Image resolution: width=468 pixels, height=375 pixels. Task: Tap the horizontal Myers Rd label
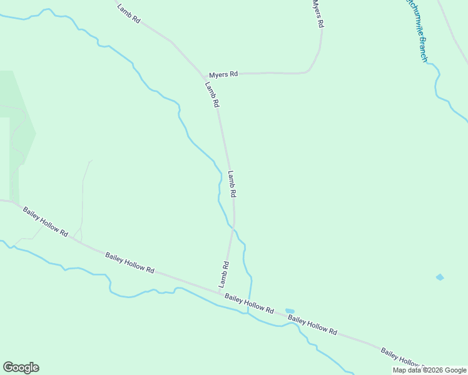click(x=223, y=74)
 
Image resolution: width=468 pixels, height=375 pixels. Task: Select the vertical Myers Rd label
click(x=318, y=13)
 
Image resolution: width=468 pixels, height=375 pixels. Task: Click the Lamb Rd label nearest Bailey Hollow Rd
click(x=223, y=274)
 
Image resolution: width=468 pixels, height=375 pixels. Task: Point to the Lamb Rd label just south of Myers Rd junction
click(x=212, y=94)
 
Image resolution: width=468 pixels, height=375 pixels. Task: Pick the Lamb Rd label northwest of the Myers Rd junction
click(x=128, y=13)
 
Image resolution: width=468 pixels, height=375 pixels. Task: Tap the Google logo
click(x=21, y=367)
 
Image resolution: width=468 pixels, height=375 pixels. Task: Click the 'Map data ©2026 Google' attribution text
click(x=429, y=370)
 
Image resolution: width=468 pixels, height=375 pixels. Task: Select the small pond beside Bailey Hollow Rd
click(x=290, y=311)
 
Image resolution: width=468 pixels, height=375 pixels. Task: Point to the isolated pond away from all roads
click(x=440, y=277)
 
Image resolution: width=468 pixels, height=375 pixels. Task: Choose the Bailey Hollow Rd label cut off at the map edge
click(x=400, y=357)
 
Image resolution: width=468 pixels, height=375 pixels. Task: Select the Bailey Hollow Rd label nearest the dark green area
click(x=46, y=221)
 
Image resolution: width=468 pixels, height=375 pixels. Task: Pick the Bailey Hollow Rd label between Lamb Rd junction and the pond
click(x=249, y=306)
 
